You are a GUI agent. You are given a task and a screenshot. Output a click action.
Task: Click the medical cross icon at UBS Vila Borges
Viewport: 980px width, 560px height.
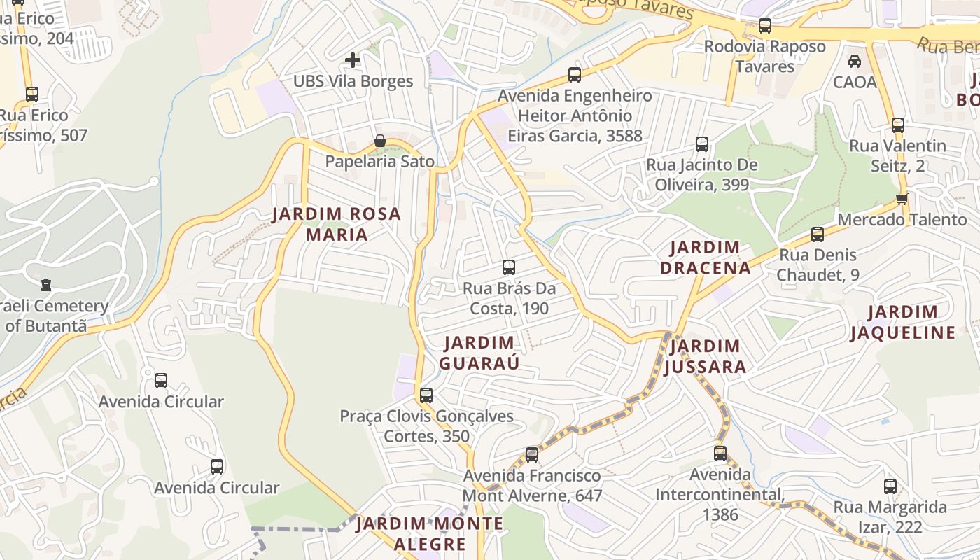coord(353,60)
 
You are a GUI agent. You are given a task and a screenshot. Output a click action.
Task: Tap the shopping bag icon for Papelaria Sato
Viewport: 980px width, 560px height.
coord(379,141)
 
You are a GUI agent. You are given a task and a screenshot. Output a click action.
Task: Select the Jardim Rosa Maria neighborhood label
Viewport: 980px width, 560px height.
coord(337,224)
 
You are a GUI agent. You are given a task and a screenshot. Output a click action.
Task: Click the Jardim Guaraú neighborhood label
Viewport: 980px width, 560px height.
coord(479,353)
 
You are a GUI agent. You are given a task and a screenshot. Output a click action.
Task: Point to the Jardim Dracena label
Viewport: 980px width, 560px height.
coord(705,257)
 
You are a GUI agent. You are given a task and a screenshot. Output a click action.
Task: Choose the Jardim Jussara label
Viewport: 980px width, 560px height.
coord(705,356)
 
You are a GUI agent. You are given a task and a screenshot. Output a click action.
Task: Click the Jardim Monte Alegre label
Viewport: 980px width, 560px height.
coord(430,533)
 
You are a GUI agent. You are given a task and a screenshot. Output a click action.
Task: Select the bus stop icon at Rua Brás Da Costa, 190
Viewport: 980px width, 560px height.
coord(509,267)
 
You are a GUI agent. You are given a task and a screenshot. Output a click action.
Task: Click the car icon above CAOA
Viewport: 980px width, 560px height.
coord(855,62)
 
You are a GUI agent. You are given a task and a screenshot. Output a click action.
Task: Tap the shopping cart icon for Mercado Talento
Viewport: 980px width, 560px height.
coord(902,199)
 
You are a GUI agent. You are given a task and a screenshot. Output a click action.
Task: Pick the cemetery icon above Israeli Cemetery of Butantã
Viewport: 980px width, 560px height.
coord(46,285)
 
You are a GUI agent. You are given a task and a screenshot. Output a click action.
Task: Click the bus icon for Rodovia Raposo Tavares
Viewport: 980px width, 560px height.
coord(765,26)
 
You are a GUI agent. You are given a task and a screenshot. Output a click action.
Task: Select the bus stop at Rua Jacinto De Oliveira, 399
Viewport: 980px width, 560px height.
coord(702,144)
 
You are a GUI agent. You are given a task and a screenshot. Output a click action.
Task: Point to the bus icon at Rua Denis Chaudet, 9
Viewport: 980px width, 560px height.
coord(818,234)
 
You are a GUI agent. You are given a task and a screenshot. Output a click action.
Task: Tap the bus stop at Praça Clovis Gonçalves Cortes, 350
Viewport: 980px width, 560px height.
coord(426,395)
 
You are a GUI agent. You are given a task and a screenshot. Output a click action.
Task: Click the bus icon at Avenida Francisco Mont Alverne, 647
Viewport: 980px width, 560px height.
coord(532,455)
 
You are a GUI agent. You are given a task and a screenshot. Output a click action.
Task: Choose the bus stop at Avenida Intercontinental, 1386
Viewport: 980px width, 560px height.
coord(720,454)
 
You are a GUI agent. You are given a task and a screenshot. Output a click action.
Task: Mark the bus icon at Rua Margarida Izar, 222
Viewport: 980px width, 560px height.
coord(890,486)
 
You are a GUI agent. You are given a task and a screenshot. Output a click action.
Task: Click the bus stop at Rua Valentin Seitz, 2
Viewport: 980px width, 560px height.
coord(898,125)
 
